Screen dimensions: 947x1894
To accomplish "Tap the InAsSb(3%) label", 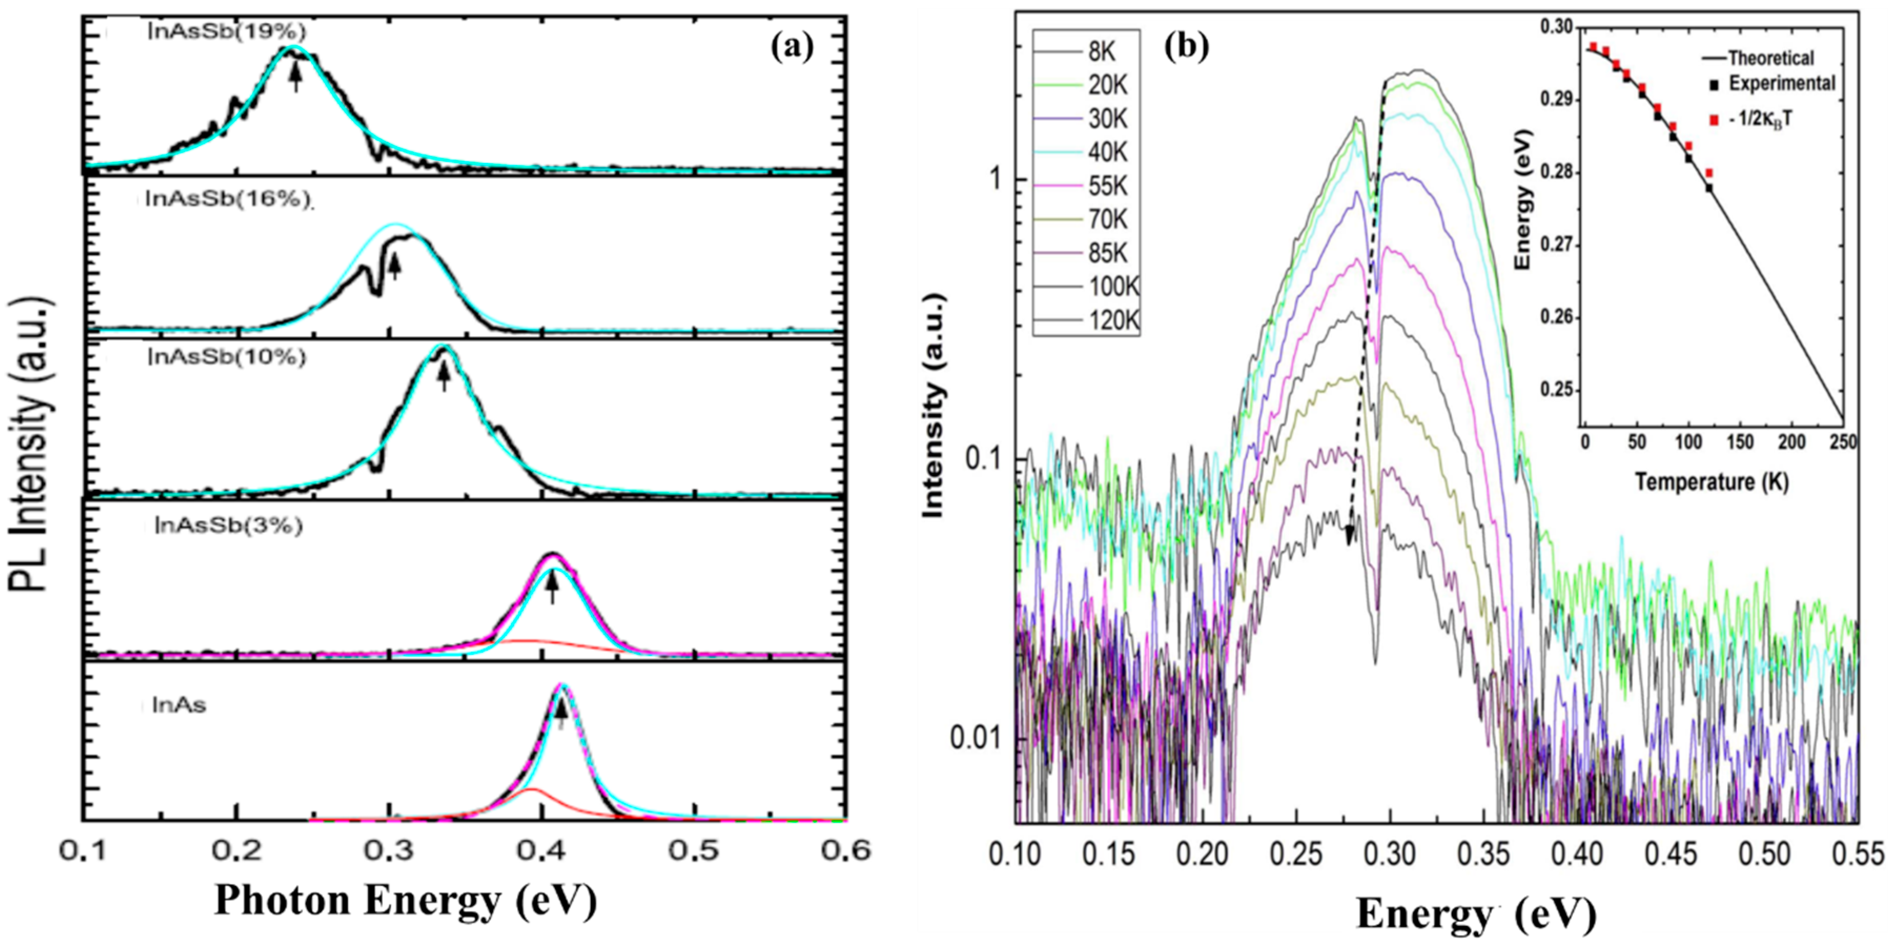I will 229,527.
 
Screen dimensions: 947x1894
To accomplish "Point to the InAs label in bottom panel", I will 179,706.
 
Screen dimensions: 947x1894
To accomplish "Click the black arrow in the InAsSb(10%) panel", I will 443,379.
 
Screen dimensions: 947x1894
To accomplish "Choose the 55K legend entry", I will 1107,186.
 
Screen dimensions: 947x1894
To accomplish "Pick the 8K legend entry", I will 1101,52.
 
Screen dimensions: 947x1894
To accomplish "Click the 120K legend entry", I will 1112,320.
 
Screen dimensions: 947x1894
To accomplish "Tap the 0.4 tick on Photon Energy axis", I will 542,851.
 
